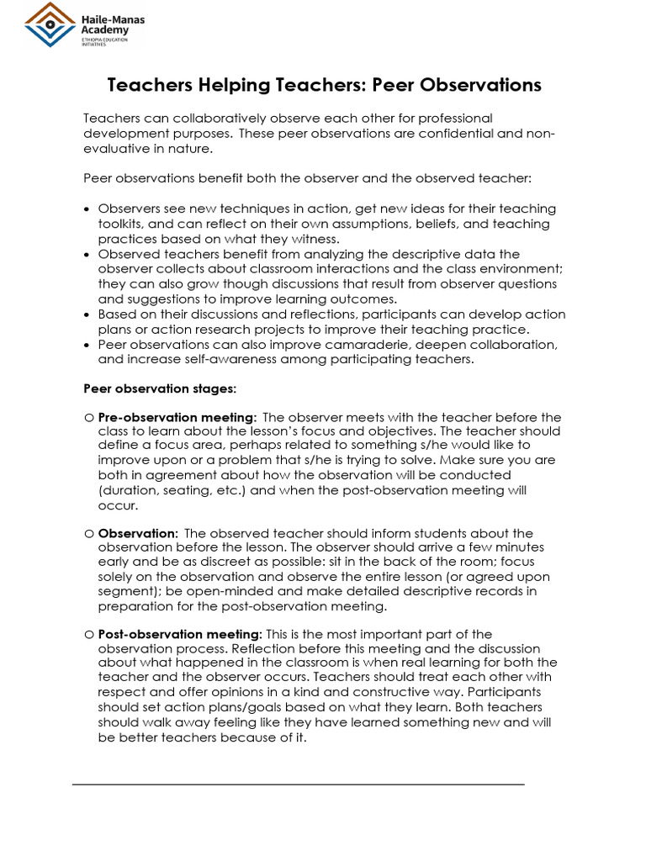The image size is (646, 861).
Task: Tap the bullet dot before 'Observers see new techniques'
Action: click(88, 209)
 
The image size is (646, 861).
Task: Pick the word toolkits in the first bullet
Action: click(123, 224)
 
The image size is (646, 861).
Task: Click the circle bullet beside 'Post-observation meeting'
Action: click(88, 634)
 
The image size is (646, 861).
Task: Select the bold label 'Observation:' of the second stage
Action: click(138, 533)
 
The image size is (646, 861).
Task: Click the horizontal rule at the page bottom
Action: click(298, 784)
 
